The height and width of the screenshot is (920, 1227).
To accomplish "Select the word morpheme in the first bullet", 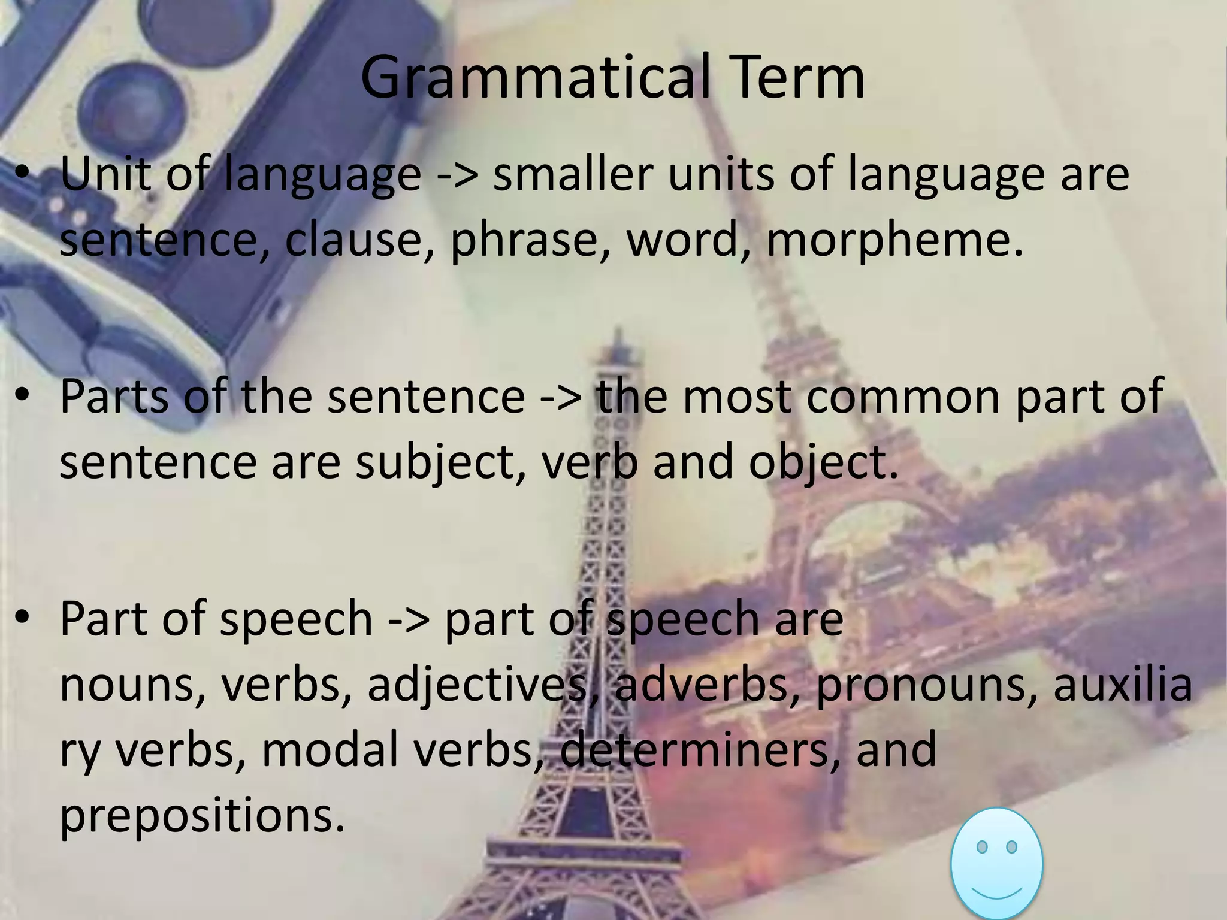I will coord(893,240).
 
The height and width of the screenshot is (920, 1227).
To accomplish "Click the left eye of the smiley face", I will coord(981,847).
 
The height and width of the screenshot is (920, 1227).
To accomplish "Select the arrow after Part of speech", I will coord(409,619).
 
